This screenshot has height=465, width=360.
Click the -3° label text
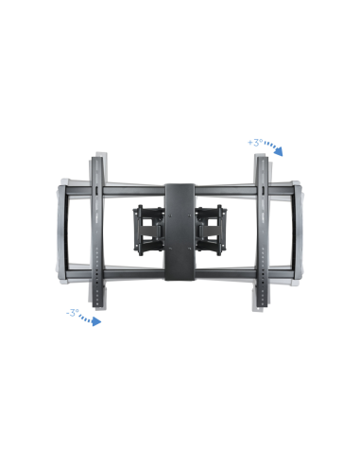pos(72,312)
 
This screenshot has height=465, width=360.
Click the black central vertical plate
pos(180,232)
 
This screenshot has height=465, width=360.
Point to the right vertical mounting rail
pos(263,232)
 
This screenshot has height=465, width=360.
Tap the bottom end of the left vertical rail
pos(96,304)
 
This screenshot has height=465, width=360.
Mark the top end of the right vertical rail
pos(263,157)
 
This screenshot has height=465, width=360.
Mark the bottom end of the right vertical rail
pos(263,304)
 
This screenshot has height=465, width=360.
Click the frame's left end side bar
pos(60,232)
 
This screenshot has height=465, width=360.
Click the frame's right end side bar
pos(300,232)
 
